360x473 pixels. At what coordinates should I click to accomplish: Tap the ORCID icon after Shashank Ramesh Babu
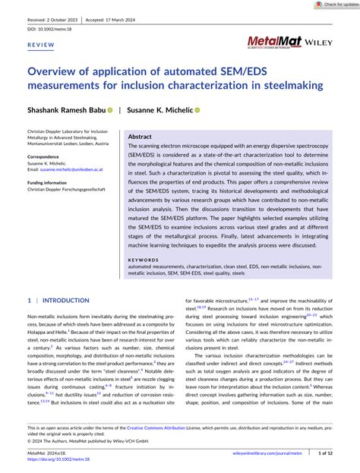coord(109,109)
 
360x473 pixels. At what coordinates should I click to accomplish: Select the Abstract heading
coord(140,137)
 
